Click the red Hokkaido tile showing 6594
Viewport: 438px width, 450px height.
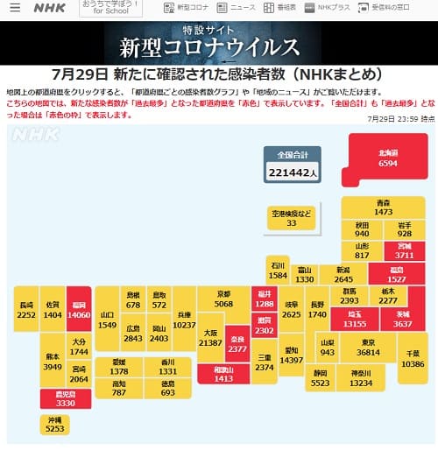[387, 158]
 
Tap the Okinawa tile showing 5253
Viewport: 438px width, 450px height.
[54, 425]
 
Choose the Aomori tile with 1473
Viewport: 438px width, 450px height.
[383, 207]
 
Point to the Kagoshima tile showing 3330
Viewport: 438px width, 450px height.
[54, 398]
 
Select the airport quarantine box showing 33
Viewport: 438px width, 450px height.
[292, 218]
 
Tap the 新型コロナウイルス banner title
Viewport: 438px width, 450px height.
[209, 46]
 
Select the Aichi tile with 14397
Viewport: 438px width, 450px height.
[291, 355]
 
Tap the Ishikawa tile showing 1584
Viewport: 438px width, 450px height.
[279, 269]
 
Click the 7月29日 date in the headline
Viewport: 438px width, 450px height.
[81, 74]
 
